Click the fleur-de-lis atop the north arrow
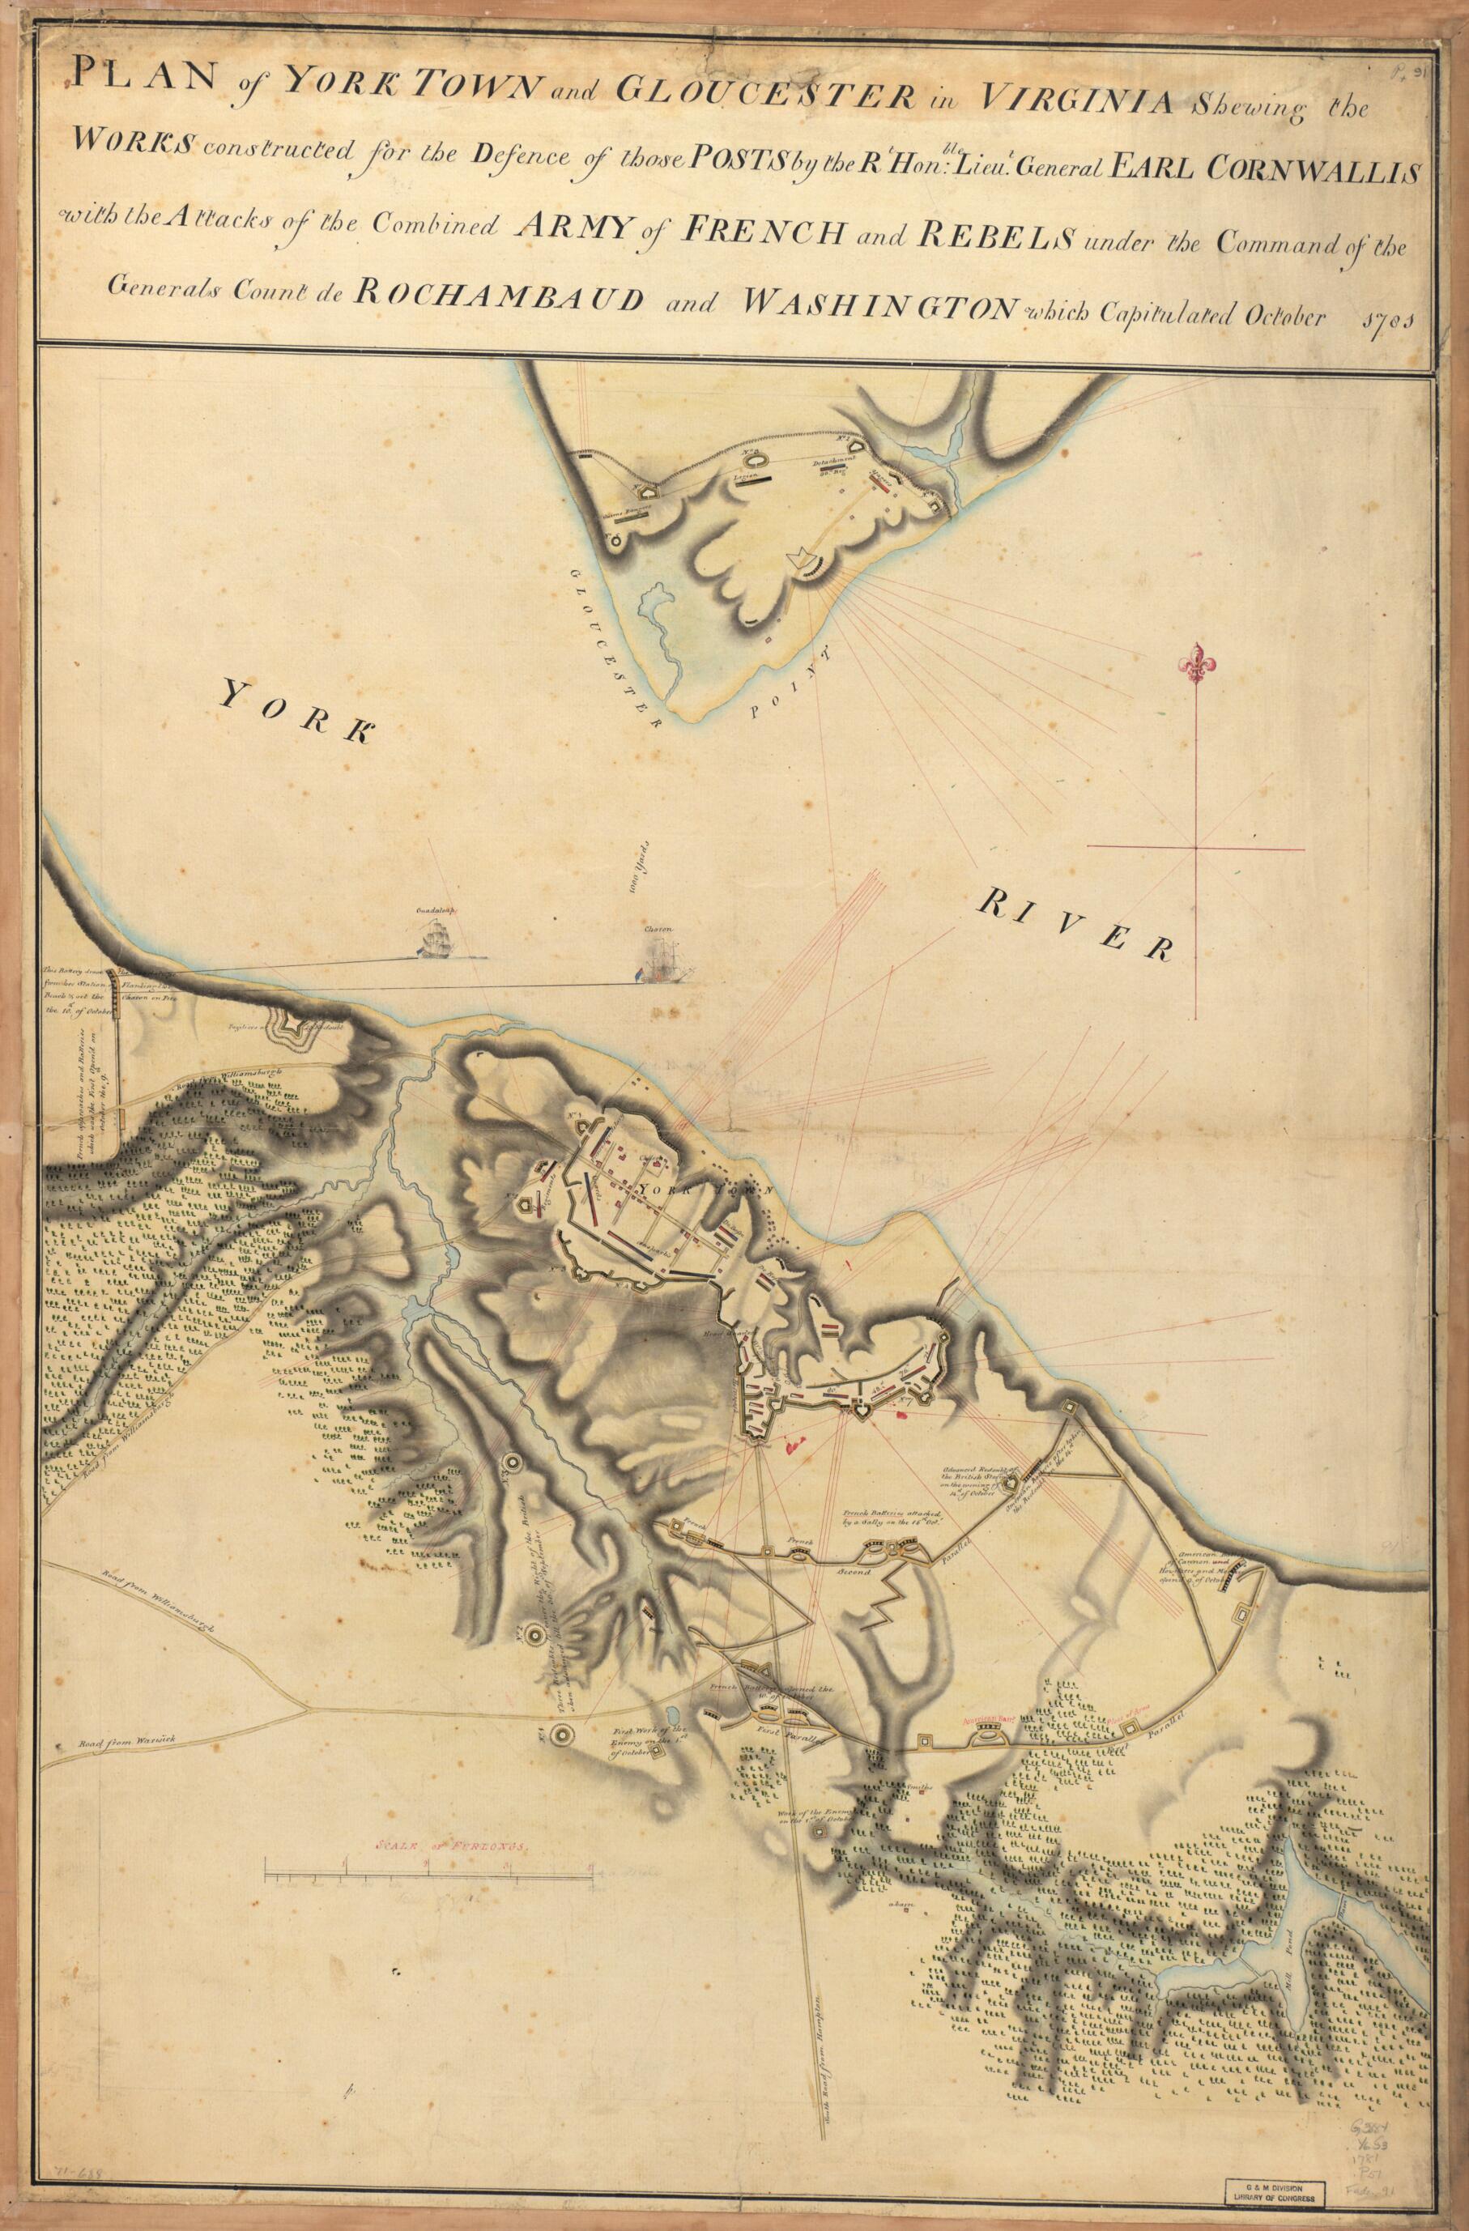coord(1195,662)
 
